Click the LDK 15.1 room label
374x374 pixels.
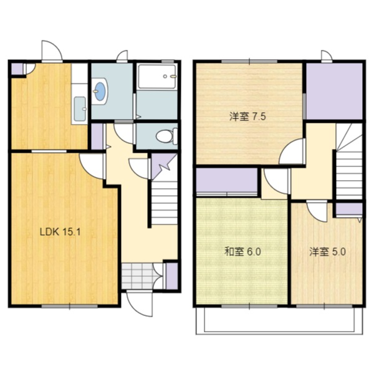pyautogui.click(x=60, y=232)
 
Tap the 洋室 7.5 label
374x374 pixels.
pyautogui.click(x=247, y=117)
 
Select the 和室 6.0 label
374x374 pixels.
pyautogui.click(x=243, y=252)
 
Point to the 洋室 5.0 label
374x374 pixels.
pyautogui.click(x=327, y=252)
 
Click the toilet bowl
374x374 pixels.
pyautogui.click(x=166, y=136)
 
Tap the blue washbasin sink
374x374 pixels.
pyautogui.click(x=100, y=91)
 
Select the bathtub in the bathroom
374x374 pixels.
pyautogui.click(x=156, y=76)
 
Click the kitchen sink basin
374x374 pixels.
pyautogui.click(x=80, y=108)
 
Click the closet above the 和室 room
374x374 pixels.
pyautogui.click(x=227, y=181)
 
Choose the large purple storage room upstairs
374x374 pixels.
pyautogui.click(x=334, y=91)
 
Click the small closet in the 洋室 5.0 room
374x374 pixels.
pyautogui.click(x=349, y=209)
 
